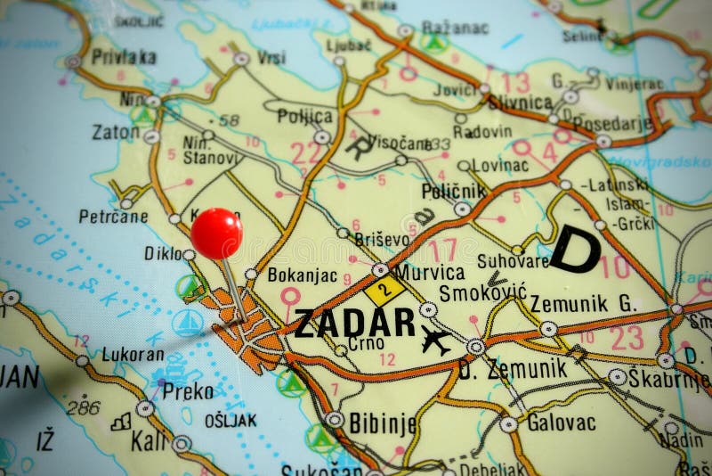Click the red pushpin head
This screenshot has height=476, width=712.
pyautogui.click(x=216, y=233)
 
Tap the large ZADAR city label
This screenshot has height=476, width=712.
pyautogui.click(x=354, y=323)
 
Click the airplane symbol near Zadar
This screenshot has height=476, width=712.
pyautogui.click(x=436, y=340)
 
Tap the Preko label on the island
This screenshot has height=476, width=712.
pyautogui.click(x=188, y=390)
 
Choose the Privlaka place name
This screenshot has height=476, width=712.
pyautogui.click(x=124, y=56)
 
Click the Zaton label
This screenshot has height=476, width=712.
pyautogui.click(x=116, y=132)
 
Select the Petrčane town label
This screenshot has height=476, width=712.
pyautogui.click(x=112, y=215)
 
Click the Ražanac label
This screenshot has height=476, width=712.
pyautogui.click(x=457, y=27)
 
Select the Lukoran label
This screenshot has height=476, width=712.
pyautogui.click(x=133, y=353)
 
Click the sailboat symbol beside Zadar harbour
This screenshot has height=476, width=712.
pyautogui.click(x=188, y=322)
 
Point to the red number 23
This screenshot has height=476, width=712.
pyautogui.click(x=627, y=336)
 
